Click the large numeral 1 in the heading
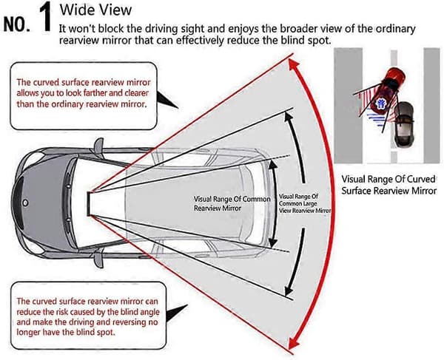[x=45, y=18]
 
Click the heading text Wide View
[x=95, y=10]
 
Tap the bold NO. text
[x=17, y=24]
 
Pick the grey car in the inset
[x=404, y=124]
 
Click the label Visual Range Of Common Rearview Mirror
[x=232, y=203]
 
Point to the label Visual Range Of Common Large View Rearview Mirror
[x=305, y=203]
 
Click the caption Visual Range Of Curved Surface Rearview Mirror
[x=388, y=185]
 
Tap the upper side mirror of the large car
[x=99, y=145]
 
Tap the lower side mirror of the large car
[x=99, y=259]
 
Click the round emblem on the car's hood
[x=26, y=203]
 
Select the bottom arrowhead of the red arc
[x=293, y=342]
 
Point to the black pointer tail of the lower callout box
[x=175, y=313]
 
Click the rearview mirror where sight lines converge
[x=89, y=203]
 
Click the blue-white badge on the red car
[x=380, y=103]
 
